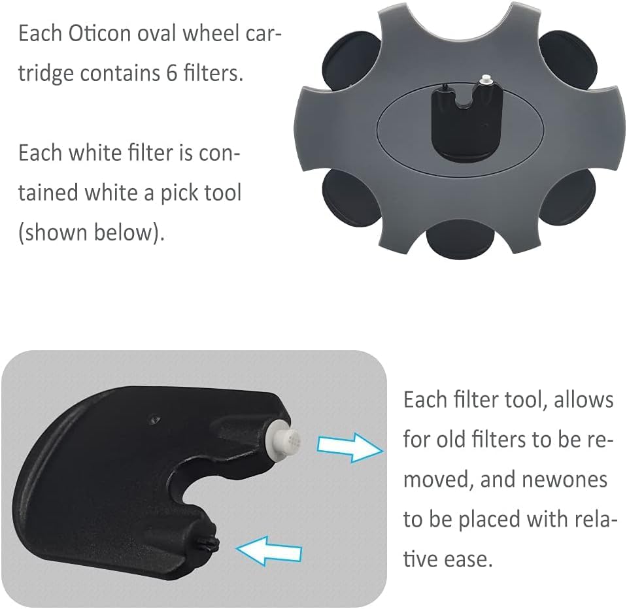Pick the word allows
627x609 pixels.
[x=584, y=399]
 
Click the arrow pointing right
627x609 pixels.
[x=348, y=447]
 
